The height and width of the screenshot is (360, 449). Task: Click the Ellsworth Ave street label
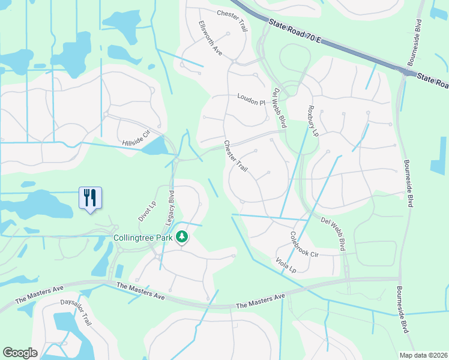211,39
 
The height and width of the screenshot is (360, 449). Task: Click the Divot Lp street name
147,211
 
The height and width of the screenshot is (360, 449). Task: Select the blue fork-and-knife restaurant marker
91,197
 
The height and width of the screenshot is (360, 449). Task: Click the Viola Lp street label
286,265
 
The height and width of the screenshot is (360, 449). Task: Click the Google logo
20,353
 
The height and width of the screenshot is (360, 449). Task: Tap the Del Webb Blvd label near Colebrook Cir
334,233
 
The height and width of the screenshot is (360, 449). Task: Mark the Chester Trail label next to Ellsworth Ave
232,13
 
